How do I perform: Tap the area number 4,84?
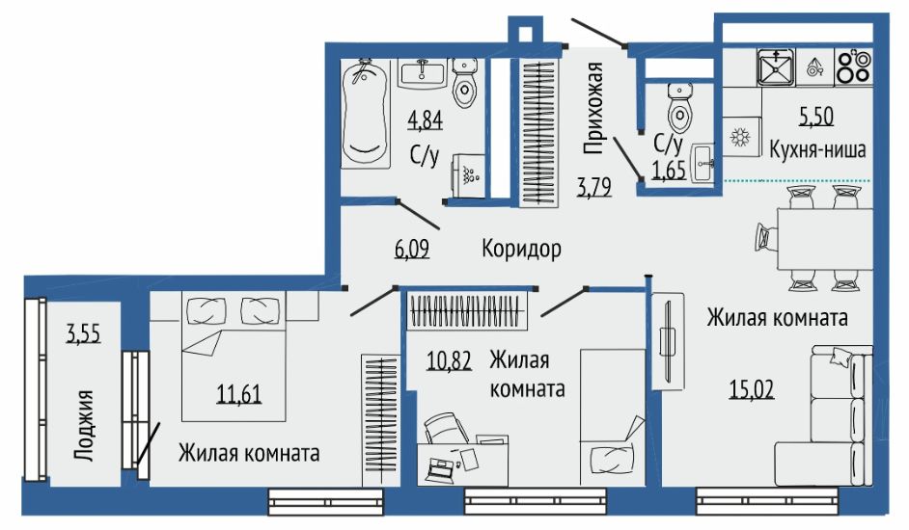tap(425, 120)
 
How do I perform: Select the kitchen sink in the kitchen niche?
tap(776, 67)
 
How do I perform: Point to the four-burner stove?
tap(853, 67)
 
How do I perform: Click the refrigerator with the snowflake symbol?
tap(741, 137)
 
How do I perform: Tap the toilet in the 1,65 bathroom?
tap(679, 107)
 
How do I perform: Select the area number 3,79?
tap(594, 187)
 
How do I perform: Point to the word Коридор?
tap(521, 249)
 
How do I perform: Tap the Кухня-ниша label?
tap(817, 149)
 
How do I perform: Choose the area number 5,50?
tap(816, 117)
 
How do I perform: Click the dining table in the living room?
tap(824, 239)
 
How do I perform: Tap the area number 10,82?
tap(449, 360)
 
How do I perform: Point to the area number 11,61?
tap(239, 394)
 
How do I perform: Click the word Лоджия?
tap(85, 425)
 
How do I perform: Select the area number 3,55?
tap(84, 334)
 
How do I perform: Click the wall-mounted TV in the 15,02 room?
tap(667, 342)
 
